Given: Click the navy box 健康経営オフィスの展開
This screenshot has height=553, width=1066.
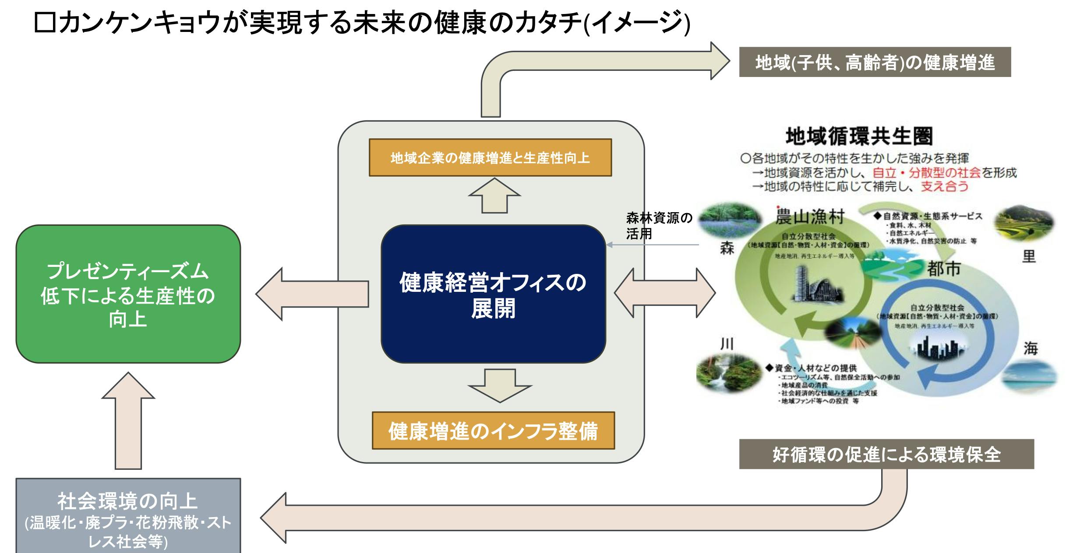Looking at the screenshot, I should point(493,294).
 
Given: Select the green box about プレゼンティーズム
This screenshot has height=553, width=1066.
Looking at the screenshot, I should point(128,294).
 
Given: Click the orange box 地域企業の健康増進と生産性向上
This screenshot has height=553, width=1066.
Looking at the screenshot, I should point(490,157).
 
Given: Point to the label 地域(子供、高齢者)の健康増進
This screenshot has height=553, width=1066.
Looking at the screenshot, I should point(875,63).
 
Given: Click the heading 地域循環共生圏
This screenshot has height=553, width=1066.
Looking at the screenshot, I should point(859,136).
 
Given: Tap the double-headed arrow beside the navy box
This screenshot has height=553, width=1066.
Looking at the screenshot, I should point(664,293).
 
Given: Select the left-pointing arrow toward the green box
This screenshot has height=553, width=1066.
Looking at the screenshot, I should point(312,294).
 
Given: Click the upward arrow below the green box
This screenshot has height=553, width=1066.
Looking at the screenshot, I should point(128,420).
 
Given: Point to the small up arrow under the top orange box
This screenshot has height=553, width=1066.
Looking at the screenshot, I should point(494,195).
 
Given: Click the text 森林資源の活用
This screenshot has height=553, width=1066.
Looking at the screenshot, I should point(658,225).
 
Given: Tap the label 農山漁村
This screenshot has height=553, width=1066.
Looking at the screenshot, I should point(809,216).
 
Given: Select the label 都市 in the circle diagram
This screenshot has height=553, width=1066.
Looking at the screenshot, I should point(943,269).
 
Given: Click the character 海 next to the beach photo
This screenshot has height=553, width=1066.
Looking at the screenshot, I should point(1030,348).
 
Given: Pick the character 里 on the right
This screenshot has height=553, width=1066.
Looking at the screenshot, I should point(1029,256).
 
